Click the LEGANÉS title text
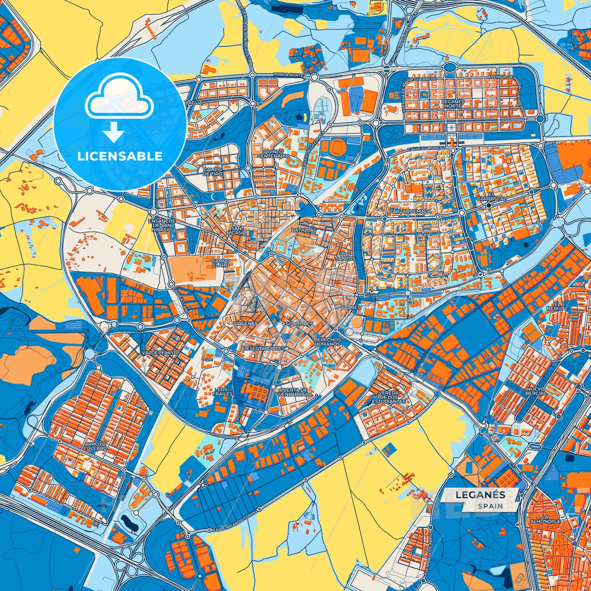(480, 494)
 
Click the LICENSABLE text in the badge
(119, 156)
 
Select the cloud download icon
(119, 108)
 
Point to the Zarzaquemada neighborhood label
(411, 211)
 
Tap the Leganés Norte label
(453, 103)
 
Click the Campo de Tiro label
(213, 172)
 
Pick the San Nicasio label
(239, 230)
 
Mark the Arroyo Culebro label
(96, 446)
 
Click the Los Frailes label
(225, 391)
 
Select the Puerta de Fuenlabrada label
(294, 392)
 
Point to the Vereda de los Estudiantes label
(388, 397)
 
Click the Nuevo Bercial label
(535, 391)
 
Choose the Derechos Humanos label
(327, 342)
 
